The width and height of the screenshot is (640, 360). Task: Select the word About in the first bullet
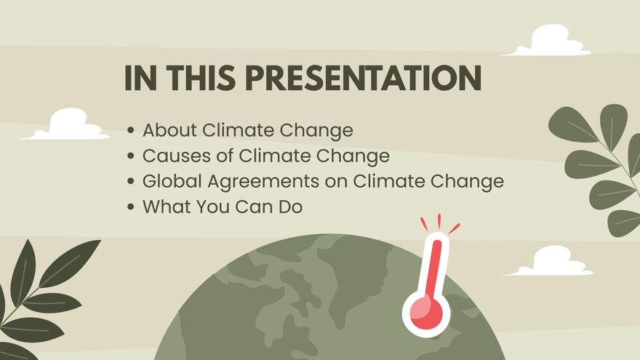coord(170,131)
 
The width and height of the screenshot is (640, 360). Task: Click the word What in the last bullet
coord(166,207)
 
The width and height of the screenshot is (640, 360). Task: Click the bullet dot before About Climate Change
coord(131,132)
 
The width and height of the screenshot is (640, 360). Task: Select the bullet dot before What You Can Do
coord(131,207)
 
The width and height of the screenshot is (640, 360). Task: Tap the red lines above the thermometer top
coord(439,223)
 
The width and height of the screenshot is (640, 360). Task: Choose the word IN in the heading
coord(140,79)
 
